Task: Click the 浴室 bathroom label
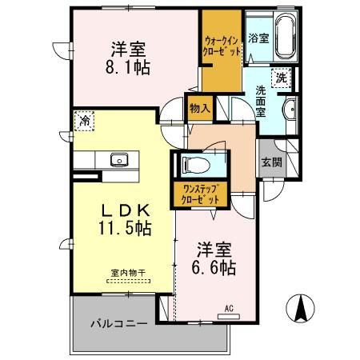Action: point(258,38)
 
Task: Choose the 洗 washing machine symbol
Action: point(282,78)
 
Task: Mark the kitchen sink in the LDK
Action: point(120,158)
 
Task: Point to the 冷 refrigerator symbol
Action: point(84,121)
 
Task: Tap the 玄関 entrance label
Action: point(270,162)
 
